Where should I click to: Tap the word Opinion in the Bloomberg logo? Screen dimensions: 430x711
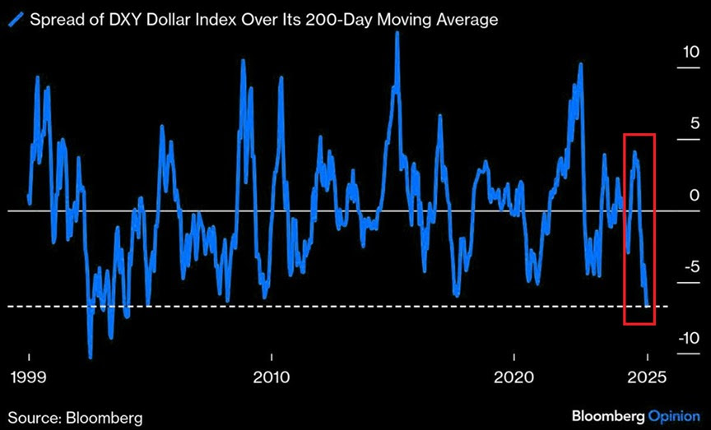676,415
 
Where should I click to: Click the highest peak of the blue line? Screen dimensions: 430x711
397,34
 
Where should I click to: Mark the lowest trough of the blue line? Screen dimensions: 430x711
90,357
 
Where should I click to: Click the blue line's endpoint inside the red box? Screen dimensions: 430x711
648,305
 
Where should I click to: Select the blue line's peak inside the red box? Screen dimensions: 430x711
634,153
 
